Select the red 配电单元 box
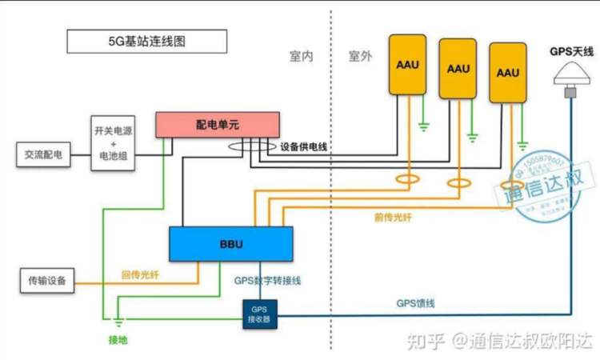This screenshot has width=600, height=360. [217, 125]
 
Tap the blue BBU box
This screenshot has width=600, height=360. [230, 243]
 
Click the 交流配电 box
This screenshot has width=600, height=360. [43, 154]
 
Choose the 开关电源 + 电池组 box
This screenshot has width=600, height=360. [114, 144]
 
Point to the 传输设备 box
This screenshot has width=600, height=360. [47, 281]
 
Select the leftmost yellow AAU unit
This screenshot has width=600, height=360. [408, 62]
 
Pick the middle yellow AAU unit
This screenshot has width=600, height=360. [458, 69]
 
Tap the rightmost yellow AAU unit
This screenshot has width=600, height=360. [508, 73]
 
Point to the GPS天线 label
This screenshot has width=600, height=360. [571, 51]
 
